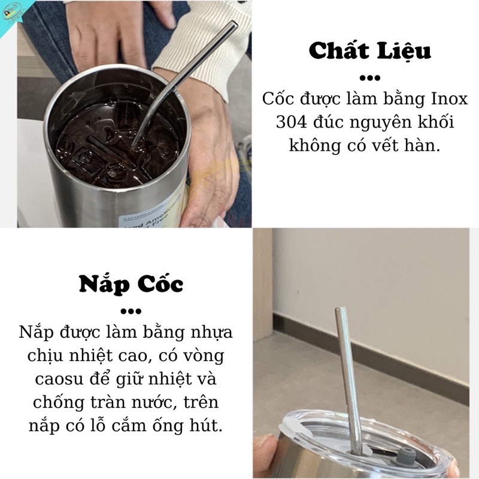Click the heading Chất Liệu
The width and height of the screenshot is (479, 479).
pyautogui.click(x=369, y=51)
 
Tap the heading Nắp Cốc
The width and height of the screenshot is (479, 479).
pyautogui.click(x=131, y=284)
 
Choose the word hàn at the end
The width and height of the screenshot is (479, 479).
pyautogui.click(x=426, y=146)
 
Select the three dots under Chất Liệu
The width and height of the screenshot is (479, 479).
pyautogui.click(x=369, y=78)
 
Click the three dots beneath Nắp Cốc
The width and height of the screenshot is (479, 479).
pyautogui.click(x=131, y=311)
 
